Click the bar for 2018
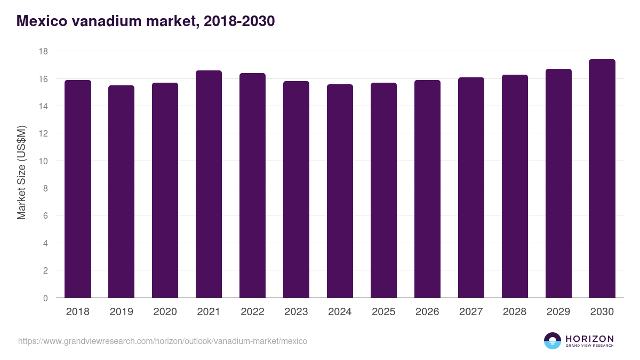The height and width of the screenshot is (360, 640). pos(78,189)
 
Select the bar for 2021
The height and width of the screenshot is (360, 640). pos(209,184)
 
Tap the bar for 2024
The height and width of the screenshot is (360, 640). pos(340,191)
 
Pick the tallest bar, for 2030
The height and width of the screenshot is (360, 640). pos(602,179)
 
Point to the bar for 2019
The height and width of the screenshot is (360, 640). pos(121,191)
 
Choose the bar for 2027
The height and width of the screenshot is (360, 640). pos(471,188)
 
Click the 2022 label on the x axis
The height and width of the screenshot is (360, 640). pos(252,312)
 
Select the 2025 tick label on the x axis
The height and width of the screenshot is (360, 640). pos(383,312)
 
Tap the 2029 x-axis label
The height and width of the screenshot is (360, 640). pos(558,312)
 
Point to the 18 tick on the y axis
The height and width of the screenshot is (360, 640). pos(43,52)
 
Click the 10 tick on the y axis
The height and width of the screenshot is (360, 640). pos(43,161)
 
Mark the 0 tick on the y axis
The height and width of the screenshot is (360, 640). pos(45,298)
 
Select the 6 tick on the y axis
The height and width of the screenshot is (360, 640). pos(45,216)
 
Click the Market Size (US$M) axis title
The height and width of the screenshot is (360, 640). pos(21,173)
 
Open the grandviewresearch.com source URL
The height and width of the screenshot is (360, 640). pos(163,341)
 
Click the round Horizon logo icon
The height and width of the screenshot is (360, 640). pos(553,341)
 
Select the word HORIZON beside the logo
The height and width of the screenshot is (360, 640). pos(589,339)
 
